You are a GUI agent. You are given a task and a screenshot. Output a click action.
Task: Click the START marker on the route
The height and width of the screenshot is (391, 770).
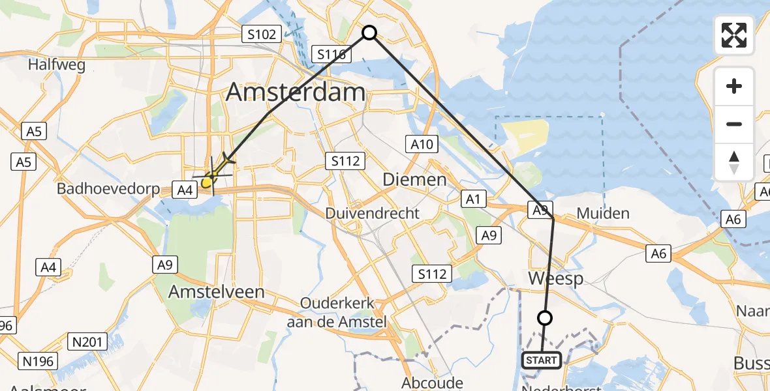541,360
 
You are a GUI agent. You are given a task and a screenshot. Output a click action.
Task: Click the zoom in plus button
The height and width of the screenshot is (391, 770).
734,87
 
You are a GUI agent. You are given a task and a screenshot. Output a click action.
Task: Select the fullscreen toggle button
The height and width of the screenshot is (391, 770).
734,35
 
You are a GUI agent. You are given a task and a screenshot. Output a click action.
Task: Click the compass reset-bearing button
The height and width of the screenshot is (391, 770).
734,162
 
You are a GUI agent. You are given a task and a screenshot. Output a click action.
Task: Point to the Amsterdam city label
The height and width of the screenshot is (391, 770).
296,92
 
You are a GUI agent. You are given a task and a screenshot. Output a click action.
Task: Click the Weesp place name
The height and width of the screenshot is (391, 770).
555,278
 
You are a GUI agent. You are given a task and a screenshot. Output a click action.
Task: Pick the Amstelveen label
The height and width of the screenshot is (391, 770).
217,292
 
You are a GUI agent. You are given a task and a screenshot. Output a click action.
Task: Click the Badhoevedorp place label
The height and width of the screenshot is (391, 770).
108,189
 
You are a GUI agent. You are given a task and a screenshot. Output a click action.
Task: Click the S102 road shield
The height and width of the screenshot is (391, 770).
261,34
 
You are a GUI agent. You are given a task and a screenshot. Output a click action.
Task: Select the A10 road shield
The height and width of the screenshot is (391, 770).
422,144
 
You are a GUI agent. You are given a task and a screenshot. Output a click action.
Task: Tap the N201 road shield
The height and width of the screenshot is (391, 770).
87,340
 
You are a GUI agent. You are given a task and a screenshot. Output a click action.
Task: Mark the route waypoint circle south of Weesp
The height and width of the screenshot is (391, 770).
545,318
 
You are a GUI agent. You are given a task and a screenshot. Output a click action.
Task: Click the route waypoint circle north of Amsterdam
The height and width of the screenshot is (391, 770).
369,32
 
